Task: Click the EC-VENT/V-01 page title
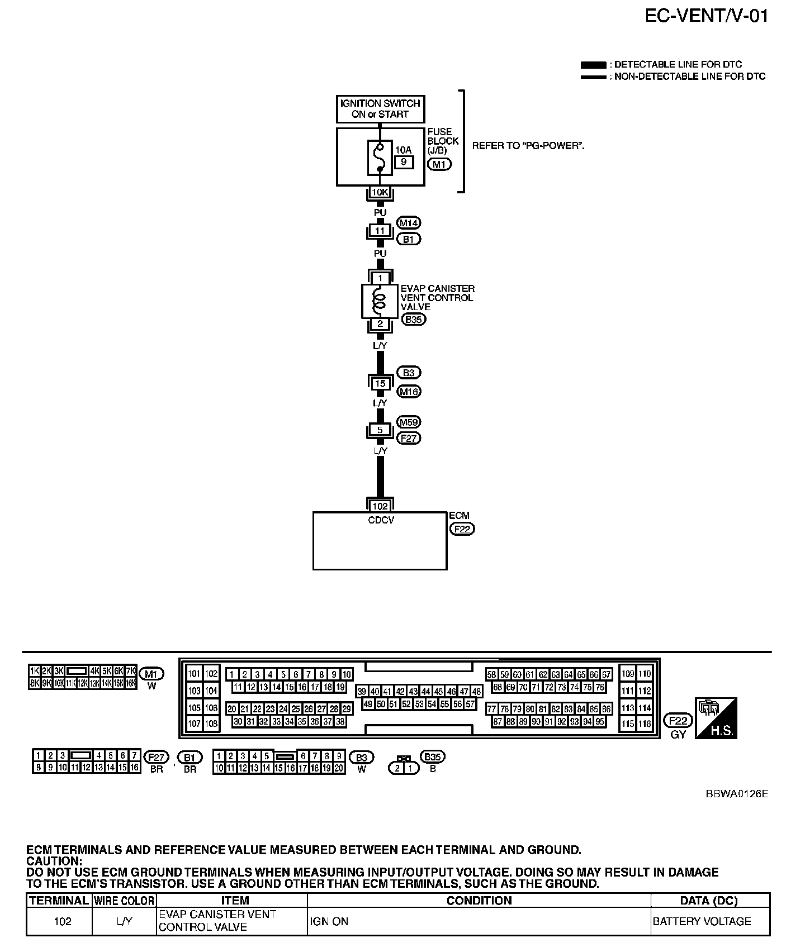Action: pos(707,15)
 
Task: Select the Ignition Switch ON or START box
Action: pos(380,109)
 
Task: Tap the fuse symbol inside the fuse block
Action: pos(380,158)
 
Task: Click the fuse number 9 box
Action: pos(404,163)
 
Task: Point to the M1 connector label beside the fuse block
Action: pos(439,164)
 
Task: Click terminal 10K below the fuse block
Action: pos(380,193)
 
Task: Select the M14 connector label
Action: pos(408,223)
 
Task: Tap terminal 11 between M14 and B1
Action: pos(380,231)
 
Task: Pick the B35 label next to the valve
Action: pos(414,320)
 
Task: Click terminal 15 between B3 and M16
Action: pos(380,384)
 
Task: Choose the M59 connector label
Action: pos(409,422)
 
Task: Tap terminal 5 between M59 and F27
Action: pos(380,431)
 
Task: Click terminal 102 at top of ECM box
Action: pos(380,506)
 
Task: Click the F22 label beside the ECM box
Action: pos(462,529)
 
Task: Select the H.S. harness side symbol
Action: pos(716,718)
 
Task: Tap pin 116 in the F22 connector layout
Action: pos(645,723)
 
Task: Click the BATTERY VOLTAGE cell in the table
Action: pos(702,921)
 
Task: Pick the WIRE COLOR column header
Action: pos(124,901)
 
